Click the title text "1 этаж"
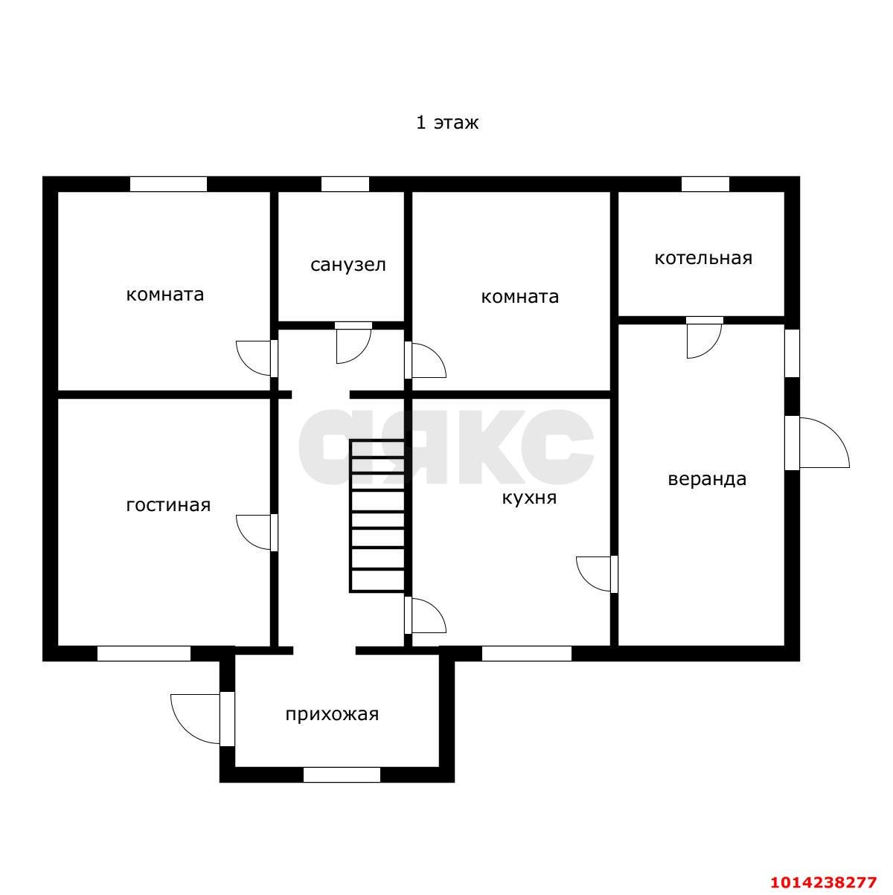[x=446, y=123]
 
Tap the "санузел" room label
[x=348, y=265]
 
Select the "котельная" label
[x=703, y=258]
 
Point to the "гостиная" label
[x=168, y=505]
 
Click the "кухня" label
[x=529, y=498]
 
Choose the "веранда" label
[x=707, y=479]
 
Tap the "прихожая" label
[x=332, y=715]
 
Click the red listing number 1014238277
[x=824, y=882]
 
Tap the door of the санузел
[x=353, y=342]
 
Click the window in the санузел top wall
[x=345, y=184]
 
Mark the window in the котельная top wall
[x=705, y=184]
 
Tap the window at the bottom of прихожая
[x=342, y=774]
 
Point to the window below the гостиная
[x=144, y=654]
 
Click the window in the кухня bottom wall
[x=526, y=654]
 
